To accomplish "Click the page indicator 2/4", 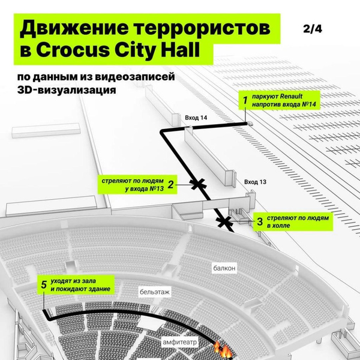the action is (x=313, y=29).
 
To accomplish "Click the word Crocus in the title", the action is (x=73, y=50).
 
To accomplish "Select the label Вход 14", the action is (x=196, y=118).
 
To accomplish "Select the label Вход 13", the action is (x=255, y=182).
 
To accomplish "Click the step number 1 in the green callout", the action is (x=245, y=100).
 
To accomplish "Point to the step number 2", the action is (x=170, y=184).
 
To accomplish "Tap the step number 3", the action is (x=260, y=221).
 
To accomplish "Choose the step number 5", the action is (x=44, y=284).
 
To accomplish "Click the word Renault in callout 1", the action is (x=291, y=96).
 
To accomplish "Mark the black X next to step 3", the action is (x=224, y=222).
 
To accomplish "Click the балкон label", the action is (x=224, y=268).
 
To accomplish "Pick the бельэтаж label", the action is (x=155, y=292).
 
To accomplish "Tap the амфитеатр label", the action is (x=180, y=343).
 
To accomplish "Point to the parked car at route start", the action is (x=250, y=124).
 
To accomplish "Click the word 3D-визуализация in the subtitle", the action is (x=67, y=90).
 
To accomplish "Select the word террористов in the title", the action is (x=202, y=28).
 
